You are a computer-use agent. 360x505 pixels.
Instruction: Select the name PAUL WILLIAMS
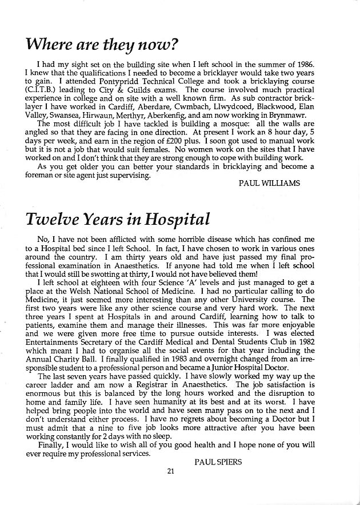pyautogui.click(x=269, y=184)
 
